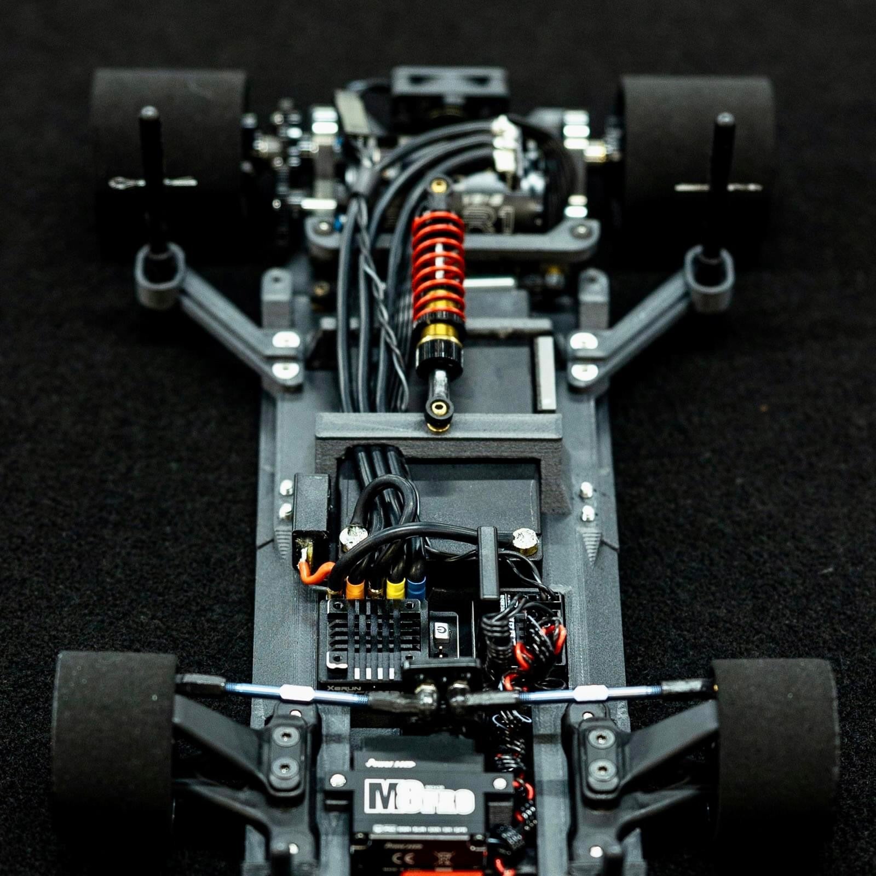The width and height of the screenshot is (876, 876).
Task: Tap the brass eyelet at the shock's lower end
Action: click(437, 407)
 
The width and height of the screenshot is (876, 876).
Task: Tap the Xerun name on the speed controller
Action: click(338, 687)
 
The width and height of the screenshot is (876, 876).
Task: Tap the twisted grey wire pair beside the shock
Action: click(383, 307)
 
